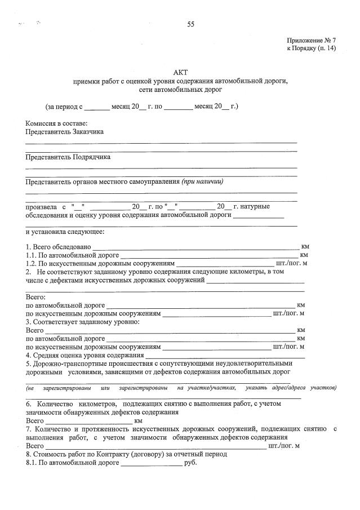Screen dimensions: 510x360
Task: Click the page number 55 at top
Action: pyautogui.click(x=190, y=24)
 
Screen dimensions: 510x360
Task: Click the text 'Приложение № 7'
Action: pyautogui.click(x=311, y=41)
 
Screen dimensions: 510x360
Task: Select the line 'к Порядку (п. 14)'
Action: pyautogui.click(x=311, y=49)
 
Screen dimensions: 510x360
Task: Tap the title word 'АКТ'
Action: pyautogui.click(x=180, y=73)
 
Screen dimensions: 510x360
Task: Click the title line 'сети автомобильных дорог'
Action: pyautogui.click(x=180, y=89)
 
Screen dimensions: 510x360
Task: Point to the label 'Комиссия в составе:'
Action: pyautogui.click(x=57, y=123)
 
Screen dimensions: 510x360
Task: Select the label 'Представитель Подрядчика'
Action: pyautogui.click(x=68, y=157)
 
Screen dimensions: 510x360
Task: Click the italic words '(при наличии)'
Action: pyautogui.click(x=202, y=181)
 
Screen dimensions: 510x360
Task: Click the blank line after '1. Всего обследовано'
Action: pyautogui.click(x=195, y=247)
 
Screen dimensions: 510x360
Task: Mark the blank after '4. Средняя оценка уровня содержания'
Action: pyautogui.click(x=225, y=356)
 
